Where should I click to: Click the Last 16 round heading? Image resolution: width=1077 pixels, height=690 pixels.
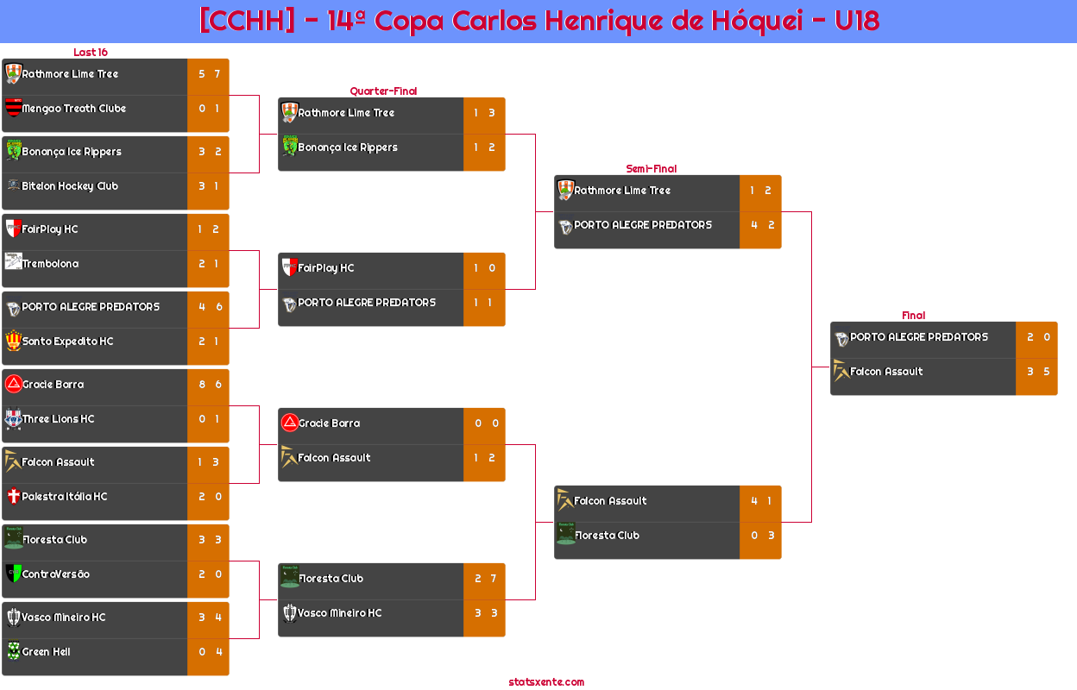pyautogui.click(x=90, y=53)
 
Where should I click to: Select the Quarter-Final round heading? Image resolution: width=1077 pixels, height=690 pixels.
pyautogui.click(x=382, y=91)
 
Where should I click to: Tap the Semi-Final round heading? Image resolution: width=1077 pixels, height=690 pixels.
pyautogui.click(x=650, y=169)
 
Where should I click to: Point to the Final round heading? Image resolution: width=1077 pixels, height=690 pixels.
pyautogui.click(x=912, y=316)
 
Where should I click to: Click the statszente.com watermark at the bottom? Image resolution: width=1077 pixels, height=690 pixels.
pyautogui.click(x=546, y=682)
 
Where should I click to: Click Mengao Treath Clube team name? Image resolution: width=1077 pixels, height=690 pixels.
pyautogui.click(x=74, y=109)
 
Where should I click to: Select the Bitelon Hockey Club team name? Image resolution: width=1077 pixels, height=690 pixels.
pyautogui.click(x=70, y=186)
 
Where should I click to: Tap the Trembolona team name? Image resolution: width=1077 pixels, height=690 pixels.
pyautogui.click(x=50, y=264)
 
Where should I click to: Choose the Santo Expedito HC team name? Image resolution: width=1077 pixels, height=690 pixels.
pyautogui.click(x=67, y=342)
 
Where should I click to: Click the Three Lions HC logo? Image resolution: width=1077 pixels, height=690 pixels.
pyautogui.click(x=13, y=419)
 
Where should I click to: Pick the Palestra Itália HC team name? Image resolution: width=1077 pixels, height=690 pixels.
pyautogui.click(x=65, y=497)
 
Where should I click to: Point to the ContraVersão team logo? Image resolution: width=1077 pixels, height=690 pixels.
pyautogui.click(x=13, y=574)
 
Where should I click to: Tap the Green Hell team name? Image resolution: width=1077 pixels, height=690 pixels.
pyautogui.click(x=47, y=652)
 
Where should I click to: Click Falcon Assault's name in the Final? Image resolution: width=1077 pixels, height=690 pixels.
pyautogui.click(x=886, y=372)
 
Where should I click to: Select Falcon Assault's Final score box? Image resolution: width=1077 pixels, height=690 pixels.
pyautogui.click(x=1037, y=372)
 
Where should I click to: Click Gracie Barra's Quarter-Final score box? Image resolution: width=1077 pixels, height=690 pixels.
pyautogui.click(x=485, y=423)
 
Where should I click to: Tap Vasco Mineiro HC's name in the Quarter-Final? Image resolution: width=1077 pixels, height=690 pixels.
pyautogui.click(x=340, y=613)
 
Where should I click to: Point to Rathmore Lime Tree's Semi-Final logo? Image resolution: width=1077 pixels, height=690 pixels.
pyautogui.click(x=565, y=190)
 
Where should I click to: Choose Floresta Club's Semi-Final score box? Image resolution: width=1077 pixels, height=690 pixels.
pyautogui.click(x=761, y=536)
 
